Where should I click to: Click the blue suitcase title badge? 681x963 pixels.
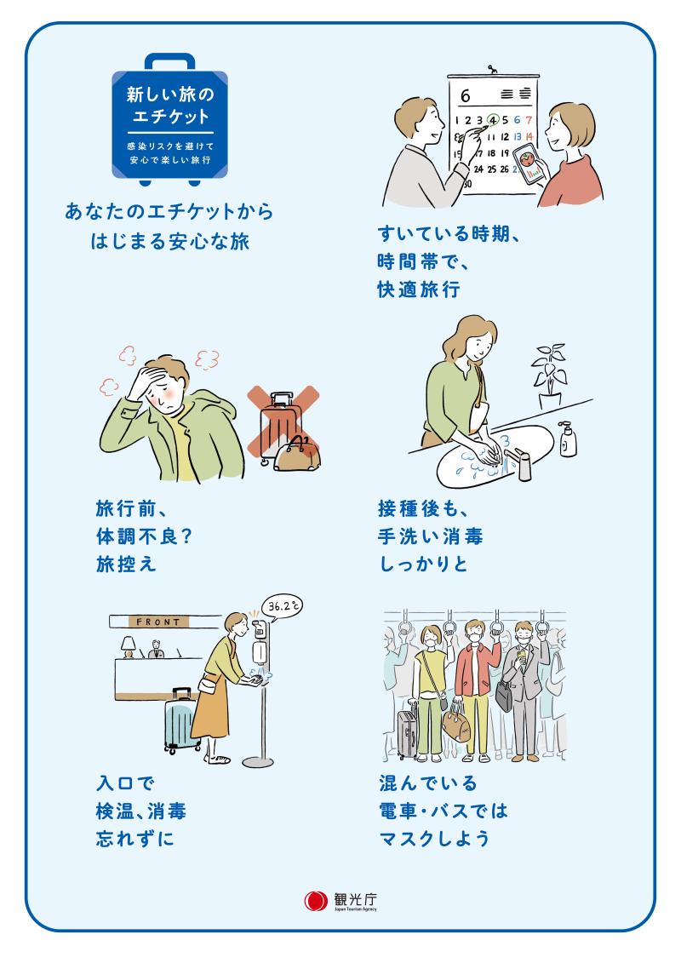(169, 120)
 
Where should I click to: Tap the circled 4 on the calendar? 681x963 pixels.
(492, 120)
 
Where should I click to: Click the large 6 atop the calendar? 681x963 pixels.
(466, 96)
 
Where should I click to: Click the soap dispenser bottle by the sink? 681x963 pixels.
(568, 439)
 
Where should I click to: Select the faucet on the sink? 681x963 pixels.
(519, 463)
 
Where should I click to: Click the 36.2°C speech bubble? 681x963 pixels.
(283, 606)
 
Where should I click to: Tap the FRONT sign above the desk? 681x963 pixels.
(158, 622)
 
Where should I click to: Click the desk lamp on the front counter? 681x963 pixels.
(129, 646)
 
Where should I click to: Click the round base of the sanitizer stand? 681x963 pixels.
(258, 761)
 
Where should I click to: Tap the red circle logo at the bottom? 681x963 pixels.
(317, 901)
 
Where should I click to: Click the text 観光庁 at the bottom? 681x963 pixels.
(356, 899)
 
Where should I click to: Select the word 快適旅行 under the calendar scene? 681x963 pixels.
(419, 289)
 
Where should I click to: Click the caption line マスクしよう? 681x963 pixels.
(434, 839)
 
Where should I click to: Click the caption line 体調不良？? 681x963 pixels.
(145, 536)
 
